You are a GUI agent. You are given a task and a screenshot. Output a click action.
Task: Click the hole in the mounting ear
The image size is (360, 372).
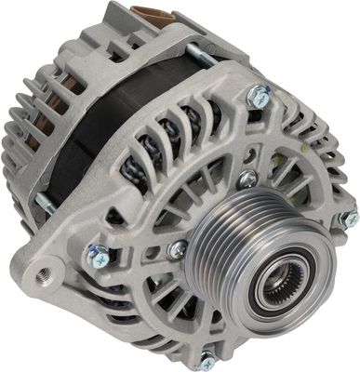pos(43,275)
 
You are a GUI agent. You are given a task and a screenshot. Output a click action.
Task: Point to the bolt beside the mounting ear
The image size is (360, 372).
pos(97,256)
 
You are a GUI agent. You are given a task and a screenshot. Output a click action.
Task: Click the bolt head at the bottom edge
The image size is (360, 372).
pos(207,362)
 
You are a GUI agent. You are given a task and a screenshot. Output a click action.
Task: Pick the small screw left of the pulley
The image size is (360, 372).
pos(176,248)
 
